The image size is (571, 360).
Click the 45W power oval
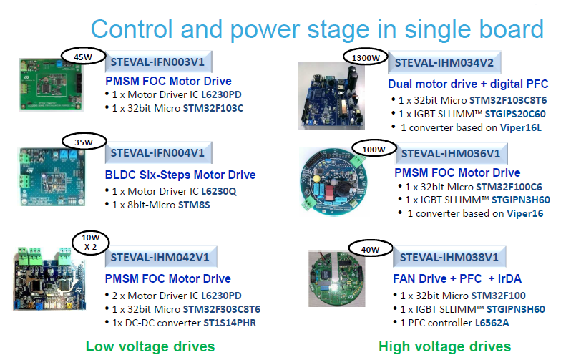click(84, 57)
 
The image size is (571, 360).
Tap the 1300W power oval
click(365, 57)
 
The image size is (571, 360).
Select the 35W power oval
click(84, 142)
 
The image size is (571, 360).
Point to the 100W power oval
click(374, 149)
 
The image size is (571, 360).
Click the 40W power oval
click(371, 249)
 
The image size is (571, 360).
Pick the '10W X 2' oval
click(91, 243)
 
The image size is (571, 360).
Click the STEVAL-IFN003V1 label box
click(158, 62)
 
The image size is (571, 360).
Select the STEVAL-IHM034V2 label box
click(444, 62)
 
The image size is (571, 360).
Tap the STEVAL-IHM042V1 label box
click(160, 257)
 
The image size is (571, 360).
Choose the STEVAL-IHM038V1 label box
click(449, 257)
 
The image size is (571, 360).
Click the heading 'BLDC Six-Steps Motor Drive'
click(180, 175)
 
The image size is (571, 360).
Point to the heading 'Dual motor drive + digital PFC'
click(468, 84)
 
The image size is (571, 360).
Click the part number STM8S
click(194, 205)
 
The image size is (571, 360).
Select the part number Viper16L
click(521, 127)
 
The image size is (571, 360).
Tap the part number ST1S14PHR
click(230, 323)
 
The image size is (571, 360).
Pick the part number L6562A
click(492, 323)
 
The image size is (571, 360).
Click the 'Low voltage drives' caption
click(150, 346)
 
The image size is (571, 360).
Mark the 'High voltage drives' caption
click(445, 346)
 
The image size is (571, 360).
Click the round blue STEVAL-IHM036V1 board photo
click(333, 181)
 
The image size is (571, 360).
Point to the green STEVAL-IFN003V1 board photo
click(51, 84)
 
